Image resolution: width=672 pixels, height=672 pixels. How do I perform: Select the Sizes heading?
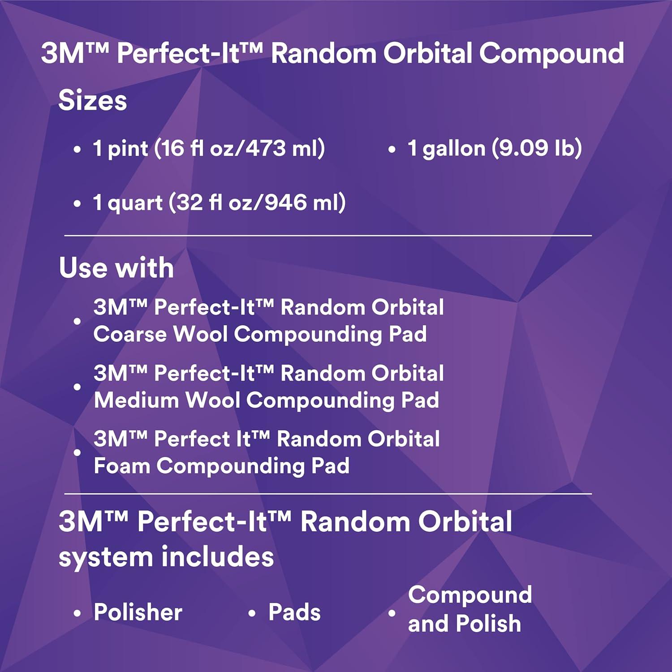pyautogui.click(x=92, y=100)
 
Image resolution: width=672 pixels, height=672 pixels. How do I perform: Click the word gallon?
pyautogui.click(x=454, y=149)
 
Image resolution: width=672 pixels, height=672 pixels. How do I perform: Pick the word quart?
pyautogui.click(x=135, y=203)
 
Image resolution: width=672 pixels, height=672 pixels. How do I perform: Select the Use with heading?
pyautogui.click(x=116, y=268)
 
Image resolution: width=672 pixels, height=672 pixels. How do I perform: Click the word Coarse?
pyautogui.click(x=130, y=334)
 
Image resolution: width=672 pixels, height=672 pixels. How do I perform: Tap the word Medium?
pyautogui.click(x=137, y=400)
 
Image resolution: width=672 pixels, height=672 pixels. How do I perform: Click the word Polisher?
pyautogui.click(x=138, y=612)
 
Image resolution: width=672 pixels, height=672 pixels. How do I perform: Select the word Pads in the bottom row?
pyautogui.click(x=294, y=612)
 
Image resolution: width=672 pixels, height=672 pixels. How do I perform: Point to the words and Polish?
pyautogui.click(x=465, y=624)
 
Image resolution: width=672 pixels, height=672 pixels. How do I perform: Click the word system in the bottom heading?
pyautogui.click(x=106, y=557)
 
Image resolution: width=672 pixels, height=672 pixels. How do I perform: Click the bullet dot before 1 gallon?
pyautogui.click(x=392, y=149)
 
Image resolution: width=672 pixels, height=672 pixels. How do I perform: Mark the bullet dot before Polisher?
pyautogui.click(x=77, y=613)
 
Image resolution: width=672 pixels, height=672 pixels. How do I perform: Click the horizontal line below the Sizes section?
pyautogui.click(x=328, y=235)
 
